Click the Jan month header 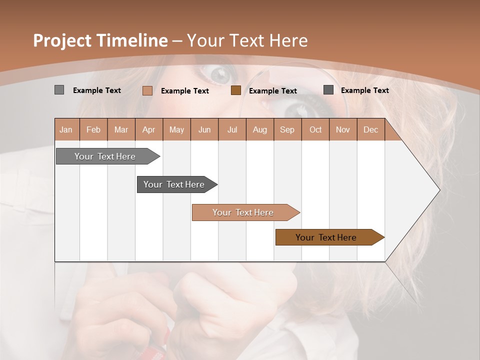(x=66, y=130)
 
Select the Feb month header (x=93, y=130)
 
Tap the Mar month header (x=121, y=130)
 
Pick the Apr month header (x=148, y=130)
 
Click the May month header (x=176, y=130)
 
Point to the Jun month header (x=204, y=130)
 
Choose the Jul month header (x=232, y=130)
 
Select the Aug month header (x=260, y=130)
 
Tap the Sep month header (x=287, y=130)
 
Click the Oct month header (x=315, y=130)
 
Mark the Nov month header (x=343, y=130)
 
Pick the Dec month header (x=370, y=130)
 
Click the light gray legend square (x=59, y=90)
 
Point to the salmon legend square (x=147, y=90)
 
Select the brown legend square (x=236, y=90)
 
